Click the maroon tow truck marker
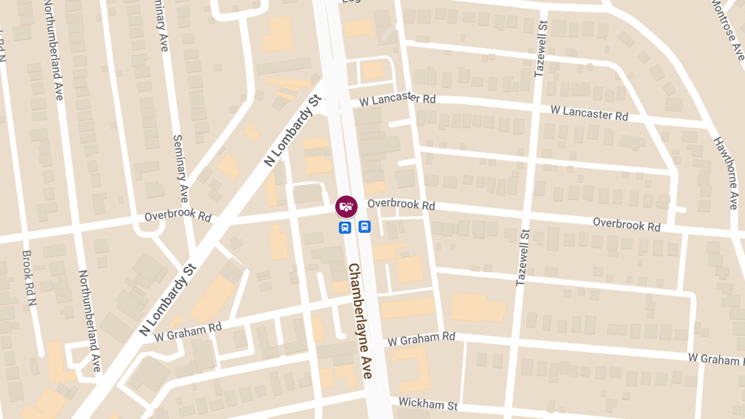coord(346,207)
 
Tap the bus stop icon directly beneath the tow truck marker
coord(345,227)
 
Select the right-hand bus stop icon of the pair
coord(364,227)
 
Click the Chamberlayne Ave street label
coord(360,321)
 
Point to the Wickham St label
coord(428,404)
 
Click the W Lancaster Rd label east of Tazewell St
coord(589,112)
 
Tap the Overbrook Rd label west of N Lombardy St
coord(178,217)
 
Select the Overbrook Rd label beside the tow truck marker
coord(401,204)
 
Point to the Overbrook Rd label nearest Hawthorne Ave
coord(626,224)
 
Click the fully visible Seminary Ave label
coord(180,168)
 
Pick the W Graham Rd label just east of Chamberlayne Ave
coord(422,338)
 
